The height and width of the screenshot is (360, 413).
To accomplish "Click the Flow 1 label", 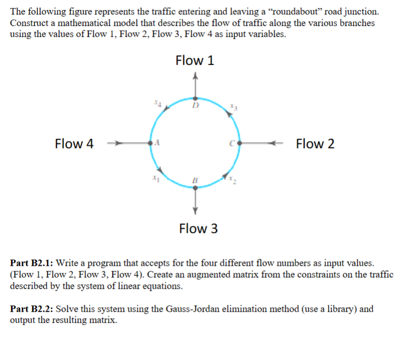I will coord(195,61).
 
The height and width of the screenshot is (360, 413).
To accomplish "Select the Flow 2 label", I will coord(315,144).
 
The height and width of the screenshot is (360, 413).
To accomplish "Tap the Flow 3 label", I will coord(198,229).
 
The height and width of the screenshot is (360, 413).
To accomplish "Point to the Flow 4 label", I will coord(74,144).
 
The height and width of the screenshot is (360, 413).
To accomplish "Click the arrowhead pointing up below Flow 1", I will coord(195,76).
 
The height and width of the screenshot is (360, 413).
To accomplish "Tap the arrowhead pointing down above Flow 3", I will coord(195,208).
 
